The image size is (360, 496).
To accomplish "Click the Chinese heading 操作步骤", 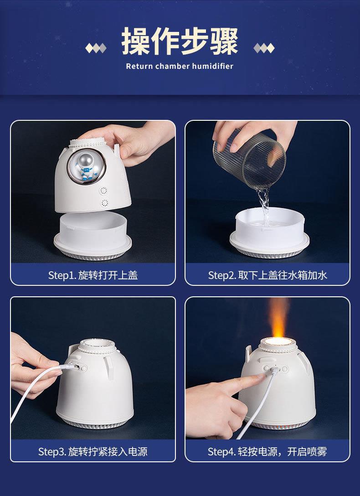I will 180,42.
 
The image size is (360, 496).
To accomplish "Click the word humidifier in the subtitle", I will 212,67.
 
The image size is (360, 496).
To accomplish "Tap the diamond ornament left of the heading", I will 96,47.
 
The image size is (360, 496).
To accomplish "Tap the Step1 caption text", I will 93,275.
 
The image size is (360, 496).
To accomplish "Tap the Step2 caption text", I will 267,275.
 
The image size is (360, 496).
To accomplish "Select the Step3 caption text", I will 93,452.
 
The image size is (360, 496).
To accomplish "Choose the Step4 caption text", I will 267,452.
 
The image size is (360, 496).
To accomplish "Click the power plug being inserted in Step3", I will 69,367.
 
